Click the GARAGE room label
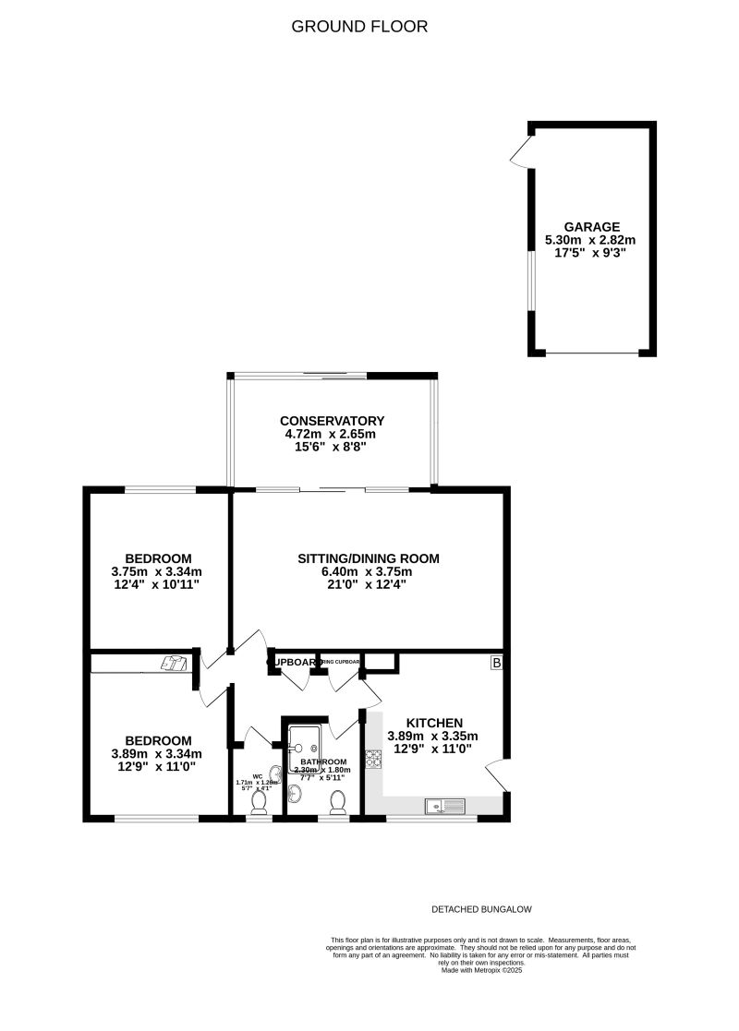591,226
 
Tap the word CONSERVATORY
333,421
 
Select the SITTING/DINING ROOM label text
368,558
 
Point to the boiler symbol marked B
496,663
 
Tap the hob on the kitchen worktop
375,760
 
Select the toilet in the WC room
260,803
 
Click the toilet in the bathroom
338,801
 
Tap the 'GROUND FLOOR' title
360,27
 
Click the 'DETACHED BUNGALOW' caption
482,909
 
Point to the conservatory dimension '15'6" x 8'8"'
333,446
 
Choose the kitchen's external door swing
500,773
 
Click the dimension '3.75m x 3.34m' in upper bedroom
159,571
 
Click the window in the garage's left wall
531,282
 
